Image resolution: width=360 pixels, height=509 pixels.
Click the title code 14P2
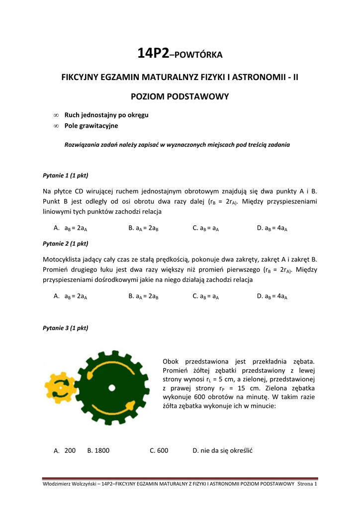[x=153, y=54]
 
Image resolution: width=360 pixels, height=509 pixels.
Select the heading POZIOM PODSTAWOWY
[x=180, y=96]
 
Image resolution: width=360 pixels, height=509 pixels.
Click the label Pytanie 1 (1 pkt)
[x=66, y=175]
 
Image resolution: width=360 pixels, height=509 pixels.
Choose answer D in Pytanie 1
[x=272, y=228]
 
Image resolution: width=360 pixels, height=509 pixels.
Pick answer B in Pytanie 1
[x=143, y=228]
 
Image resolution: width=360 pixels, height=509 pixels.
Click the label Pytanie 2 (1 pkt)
[x=66, y=244]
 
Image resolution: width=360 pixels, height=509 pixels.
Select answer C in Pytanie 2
[x=206, y=296]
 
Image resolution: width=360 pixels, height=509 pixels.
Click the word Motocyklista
[x=62, y=259]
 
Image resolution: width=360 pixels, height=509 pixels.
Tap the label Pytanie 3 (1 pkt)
[x=66, y=328]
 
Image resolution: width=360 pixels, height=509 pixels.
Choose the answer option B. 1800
[x=98, y=450]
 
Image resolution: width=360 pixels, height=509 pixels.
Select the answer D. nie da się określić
[x=223, y=450]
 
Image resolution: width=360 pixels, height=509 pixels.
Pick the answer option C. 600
[x=159, y=450]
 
